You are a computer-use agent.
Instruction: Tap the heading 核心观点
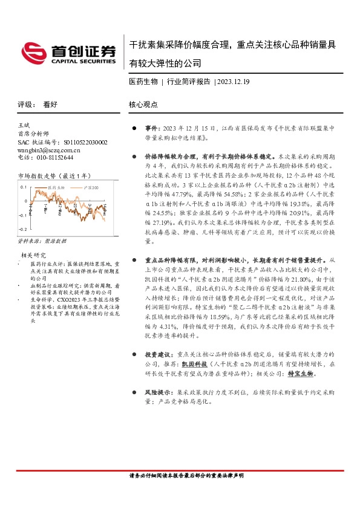coord(143,104)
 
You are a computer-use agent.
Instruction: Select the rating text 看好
coord(50,104)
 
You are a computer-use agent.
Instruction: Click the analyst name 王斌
coord(25,124)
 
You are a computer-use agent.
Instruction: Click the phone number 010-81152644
coord(53,157)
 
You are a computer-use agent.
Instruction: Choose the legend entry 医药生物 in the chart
coord(55,189)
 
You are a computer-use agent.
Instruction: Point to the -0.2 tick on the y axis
coord(22,230)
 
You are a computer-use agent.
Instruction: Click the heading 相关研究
coord(33,254)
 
